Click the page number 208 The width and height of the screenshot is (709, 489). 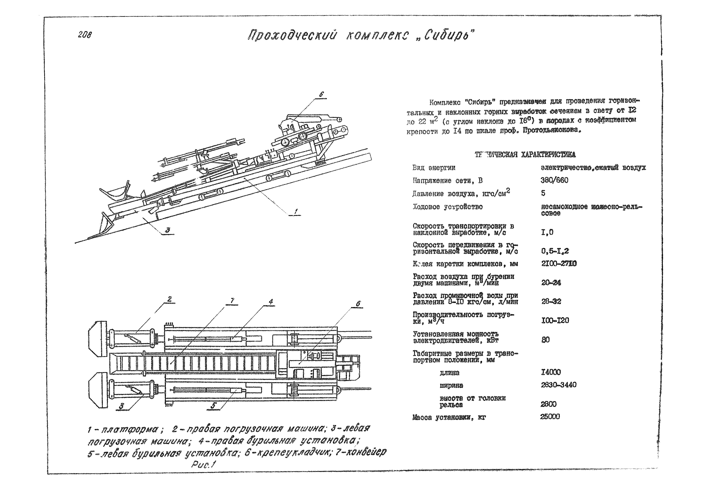pyautogui.click(x=85, y=35)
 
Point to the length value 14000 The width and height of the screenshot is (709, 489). pyautogui.click(x=551, y=372)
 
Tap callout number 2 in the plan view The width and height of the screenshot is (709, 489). pyautogui.click(x=170, y=299)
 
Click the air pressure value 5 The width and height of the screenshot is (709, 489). pyautogui.click(x=543, y=193)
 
